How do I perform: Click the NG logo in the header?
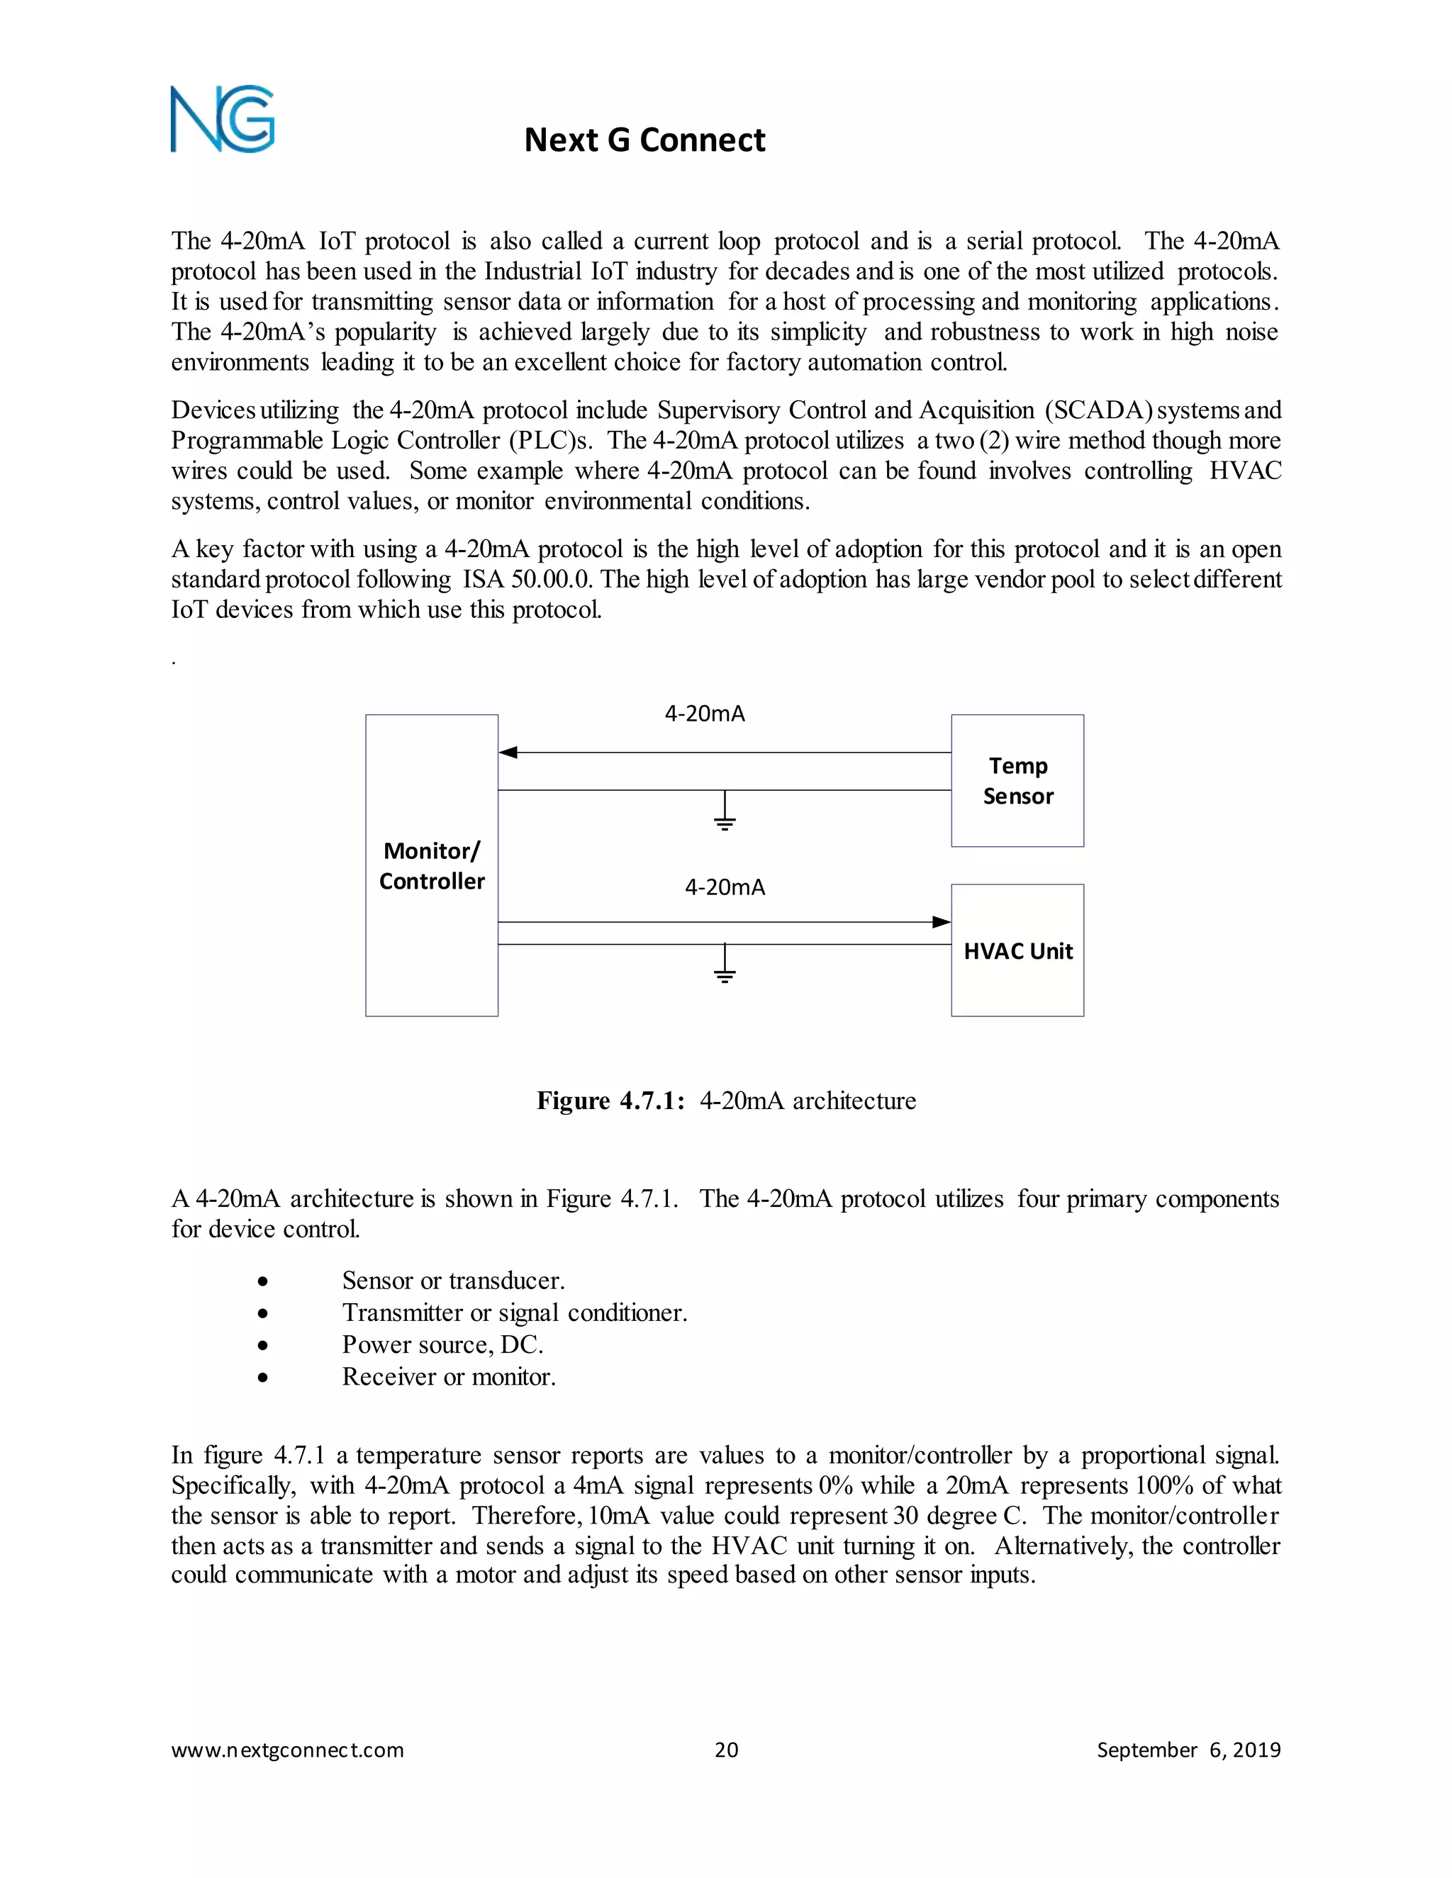[x=223, y=120]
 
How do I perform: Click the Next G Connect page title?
[x=644, y=140]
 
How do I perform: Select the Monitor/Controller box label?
[x=432, y=866]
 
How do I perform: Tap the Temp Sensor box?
[x=1017, y=781]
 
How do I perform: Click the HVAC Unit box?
[x=1017, y=951]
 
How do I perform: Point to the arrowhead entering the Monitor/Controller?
[x=508, y=753]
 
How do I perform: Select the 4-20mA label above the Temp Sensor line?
[x=705, y=714]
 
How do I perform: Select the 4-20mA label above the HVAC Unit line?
[x=725, y=887]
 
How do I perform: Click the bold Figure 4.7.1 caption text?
[x=610, y=1101]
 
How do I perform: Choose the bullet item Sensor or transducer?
[x=453, y=1281]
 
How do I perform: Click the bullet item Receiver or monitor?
[x=449, y=1377]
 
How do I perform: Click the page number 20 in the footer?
[x=726, y=1750]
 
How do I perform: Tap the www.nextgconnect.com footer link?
[x=287, y=1750]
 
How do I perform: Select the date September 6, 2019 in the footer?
[x=1188, y=1750]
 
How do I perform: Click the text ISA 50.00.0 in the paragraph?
[x=527, y=580]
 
